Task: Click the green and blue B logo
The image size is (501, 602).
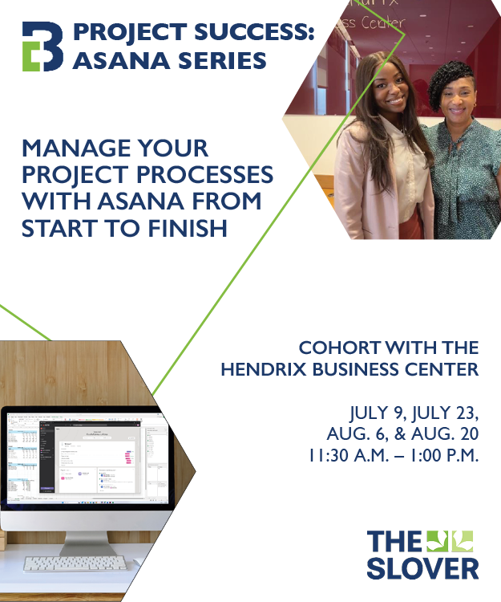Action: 42,47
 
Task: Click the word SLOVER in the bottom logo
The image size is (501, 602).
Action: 422,567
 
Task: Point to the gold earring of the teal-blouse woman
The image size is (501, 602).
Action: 475,108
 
